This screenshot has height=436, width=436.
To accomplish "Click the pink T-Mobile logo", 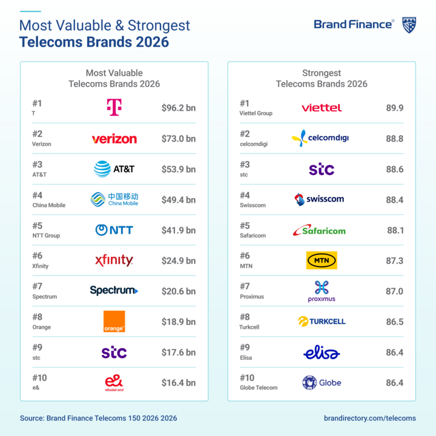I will pyautogui.click(x=113, y=108).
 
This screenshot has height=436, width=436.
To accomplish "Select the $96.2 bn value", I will pyautogui.click(x=179, y=108).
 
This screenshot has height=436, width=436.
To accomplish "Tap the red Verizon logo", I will pyautogui.click(x=114, y=139).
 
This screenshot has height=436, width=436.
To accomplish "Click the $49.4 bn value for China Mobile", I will pyautogui.click(x=179, y=200).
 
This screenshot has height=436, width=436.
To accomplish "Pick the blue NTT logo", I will pyautogui.click(x=114, y=230).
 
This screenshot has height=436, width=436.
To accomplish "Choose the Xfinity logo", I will pyautogui.click(x=114, y=260).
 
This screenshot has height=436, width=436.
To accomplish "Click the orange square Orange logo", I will pyautogui.click(x=114, y=322).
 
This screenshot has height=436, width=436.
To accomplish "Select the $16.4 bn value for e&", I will pyautogui.click(x=179, y=383).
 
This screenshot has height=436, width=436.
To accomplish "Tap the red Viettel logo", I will pyautogui.click(x=322, y=108).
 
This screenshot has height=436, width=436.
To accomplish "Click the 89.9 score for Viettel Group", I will pyautogui.click(x=394, y=108).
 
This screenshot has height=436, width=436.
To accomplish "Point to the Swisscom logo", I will pyautogui.click(x=319, y=199).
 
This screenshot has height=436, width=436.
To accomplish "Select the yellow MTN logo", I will pyautogui.click(x=322, y=260).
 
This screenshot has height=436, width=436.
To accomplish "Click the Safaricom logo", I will pyautogui.click(x=319, y=230).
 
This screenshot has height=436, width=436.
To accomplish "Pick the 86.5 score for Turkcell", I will pyautogui.click(x=394, y=322).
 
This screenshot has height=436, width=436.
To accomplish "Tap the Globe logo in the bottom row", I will pyautogui.click(x=322, y=383).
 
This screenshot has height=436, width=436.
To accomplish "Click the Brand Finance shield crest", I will pyautogui.click(x=409, y=25).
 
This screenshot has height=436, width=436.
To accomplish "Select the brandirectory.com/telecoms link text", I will pyautogui.click(x=370, y=418).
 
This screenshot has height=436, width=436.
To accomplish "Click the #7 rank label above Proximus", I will pyautogui.click(x=245, y=286).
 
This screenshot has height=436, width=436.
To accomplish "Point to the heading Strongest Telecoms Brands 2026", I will pyautogui.click(x=322, y=78).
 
